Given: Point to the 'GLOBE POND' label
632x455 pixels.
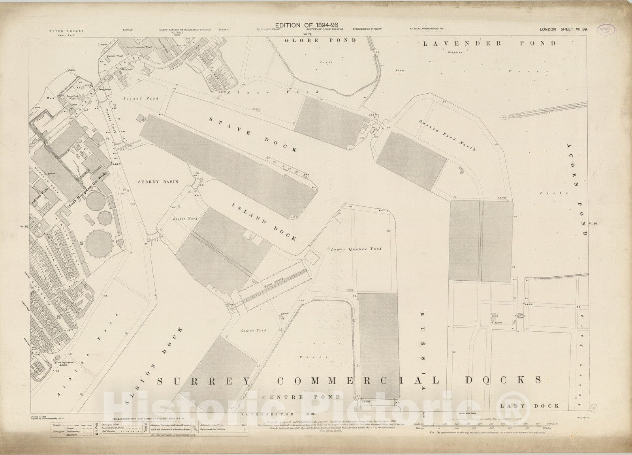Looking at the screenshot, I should (x=321, y=40).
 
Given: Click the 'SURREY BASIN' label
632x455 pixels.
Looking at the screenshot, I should (x=158, y=182).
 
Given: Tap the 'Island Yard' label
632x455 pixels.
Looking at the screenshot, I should (x=135, y=98).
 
